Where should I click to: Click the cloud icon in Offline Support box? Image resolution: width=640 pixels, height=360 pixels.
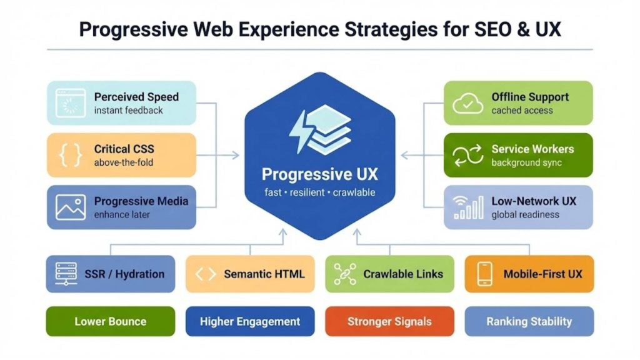click(x=468, y=103)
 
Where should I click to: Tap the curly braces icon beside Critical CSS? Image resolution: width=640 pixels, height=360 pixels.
click(x=70, y=156)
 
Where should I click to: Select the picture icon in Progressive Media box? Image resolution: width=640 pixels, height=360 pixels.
click(x=70, y=207)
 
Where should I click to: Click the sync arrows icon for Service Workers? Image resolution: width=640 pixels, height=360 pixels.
click(x=468, y=156)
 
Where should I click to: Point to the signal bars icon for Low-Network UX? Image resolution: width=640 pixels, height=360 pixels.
click(x=468, y=207)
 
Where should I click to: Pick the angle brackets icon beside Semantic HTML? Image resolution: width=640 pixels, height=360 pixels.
click(x=206, y=274)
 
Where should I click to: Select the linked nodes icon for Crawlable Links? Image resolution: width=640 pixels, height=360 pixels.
click(x=345, y=274)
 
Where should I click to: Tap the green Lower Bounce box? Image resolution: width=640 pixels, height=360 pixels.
click(x=110, y=322)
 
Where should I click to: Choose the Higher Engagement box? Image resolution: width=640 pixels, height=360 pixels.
click(x=250, y=322)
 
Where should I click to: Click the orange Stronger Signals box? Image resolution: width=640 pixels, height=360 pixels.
click(x=389, y=322)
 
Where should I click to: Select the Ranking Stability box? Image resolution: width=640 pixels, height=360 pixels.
click(x=529, y=322)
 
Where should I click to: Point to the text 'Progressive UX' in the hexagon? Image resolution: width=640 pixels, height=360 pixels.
click(x=319, y=174)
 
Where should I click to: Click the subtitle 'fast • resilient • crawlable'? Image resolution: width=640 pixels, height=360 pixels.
click(x=319, y=192)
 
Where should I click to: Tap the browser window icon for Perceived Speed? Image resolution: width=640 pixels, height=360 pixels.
click(x=70, y=103)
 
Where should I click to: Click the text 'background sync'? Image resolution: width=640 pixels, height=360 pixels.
click(x=526, y=163)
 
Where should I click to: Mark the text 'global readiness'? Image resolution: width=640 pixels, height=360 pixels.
click(x=525, y=215)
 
